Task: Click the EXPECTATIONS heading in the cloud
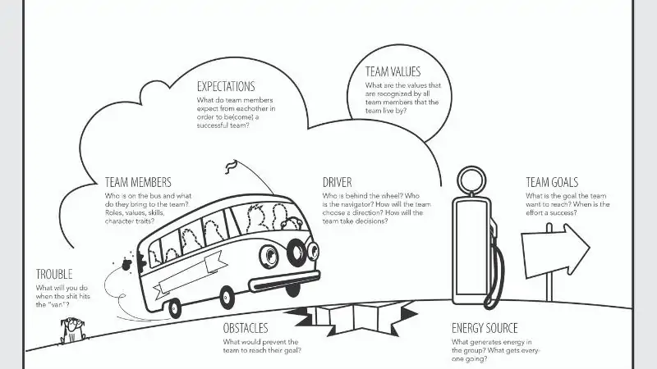tap(226, 87)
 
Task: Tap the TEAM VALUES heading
tap(393, 71)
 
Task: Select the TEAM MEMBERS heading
tap(138, 182)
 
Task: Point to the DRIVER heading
tap(338, 182)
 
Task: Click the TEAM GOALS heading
tap(552, 182)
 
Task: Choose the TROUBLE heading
tap(54, 274)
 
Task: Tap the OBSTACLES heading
tap(246, 328)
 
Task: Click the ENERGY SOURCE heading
tap(485, 328)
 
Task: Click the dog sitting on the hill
tap(73, 330)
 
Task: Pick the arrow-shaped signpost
tap(556, 250)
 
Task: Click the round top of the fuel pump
tap(471, 180)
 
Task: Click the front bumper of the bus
tap(284, 280)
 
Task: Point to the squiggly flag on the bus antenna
tap(232, 166)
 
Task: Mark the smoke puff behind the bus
tap(126, 264)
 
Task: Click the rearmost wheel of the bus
tap(174, 309)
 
